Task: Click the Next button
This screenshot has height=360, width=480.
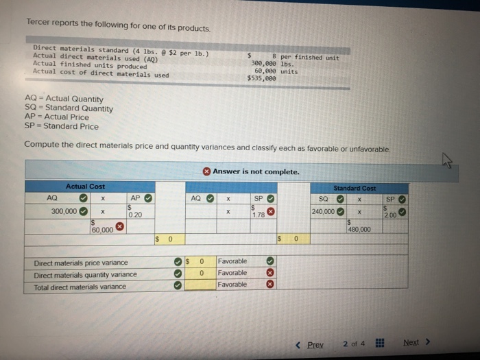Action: [413, 342]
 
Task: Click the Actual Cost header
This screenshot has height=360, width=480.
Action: [85, 187]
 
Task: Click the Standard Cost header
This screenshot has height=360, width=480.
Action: [354, 187]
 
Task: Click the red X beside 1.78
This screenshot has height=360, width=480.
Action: [271, 212]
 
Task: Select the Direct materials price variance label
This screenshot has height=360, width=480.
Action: [81, 263]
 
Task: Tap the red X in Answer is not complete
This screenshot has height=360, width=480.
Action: [206, 171]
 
